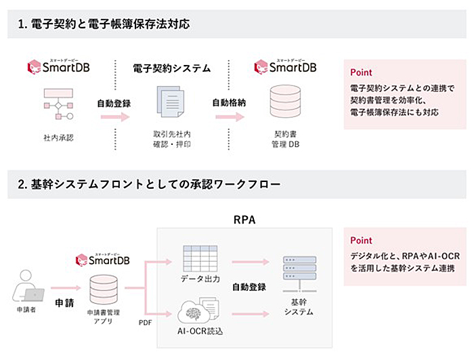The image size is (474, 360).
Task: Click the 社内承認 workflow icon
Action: [x=58, y=104]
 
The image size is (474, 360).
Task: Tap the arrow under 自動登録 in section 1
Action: [x=115, y=116]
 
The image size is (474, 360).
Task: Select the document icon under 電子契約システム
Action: [x=171, y=102]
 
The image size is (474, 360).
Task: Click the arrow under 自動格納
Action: [x=230, y=116]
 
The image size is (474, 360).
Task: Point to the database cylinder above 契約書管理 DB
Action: [x=285, y=102]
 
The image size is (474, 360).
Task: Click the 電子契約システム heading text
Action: [x=172, y=68]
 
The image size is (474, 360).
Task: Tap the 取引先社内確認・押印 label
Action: [x=172, y=139]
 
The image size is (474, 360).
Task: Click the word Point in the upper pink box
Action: [x=361, y=72]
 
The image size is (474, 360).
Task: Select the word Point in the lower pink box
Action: [x=361, y=240]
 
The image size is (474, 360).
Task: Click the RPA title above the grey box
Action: [x=244, y=219]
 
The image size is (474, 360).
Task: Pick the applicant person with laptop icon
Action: [x=28, y=286]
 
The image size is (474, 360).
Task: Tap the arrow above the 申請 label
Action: [x=66, y=288]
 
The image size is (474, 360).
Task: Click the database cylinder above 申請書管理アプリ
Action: [x=104, y=290]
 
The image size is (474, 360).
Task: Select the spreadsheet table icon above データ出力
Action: [x=200, y=258]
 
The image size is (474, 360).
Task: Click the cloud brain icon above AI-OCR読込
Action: [x=198, y=310]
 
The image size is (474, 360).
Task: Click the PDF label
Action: [x=145, y=323]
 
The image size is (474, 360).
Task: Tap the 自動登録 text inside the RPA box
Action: [x=249, y=287]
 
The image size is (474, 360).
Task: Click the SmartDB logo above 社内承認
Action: [x=59, y=66]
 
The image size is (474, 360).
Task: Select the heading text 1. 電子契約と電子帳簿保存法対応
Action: [x=104, y=24]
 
